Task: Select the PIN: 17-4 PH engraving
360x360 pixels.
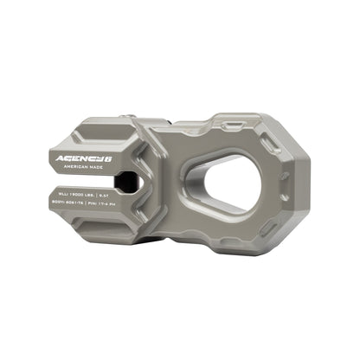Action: point(127,201)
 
